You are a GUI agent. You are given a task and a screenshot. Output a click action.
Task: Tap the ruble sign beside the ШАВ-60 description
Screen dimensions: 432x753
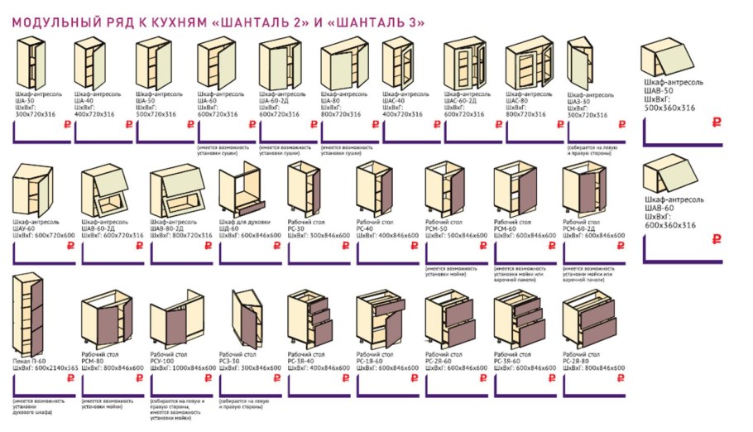click(717, 240)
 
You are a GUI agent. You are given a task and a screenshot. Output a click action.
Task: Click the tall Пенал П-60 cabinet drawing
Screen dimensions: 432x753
click(31, 318)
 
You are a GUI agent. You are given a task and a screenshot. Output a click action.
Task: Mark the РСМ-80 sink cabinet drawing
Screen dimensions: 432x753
click(103, 319)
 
